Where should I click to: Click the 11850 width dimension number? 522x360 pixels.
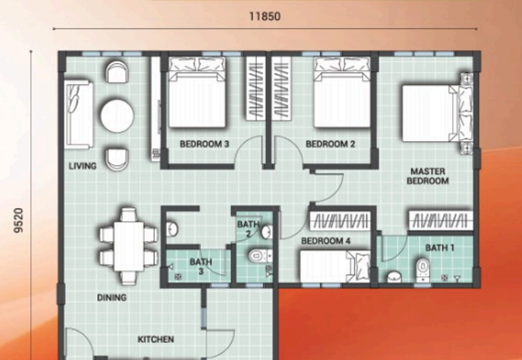tap(265, 16)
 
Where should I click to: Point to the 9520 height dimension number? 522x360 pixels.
tap(20, 220)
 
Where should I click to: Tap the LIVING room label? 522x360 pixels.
tap(83, 166)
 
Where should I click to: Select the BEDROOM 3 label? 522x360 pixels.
tap(204, 144)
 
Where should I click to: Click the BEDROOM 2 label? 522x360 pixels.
tap(330, 144)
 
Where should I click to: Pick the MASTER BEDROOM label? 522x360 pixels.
tap(428, 176)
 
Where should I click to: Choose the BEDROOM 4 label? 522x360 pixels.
tap(326, 241)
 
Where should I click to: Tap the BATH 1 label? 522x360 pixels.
tap(440, 248)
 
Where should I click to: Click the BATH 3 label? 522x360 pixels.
tap(201, 267)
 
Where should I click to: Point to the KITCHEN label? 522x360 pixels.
tap(156, 339)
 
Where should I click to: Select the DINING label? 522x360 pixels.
tap(112, 297)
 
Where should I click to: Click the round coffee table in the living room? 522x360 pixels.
tap(117, 115)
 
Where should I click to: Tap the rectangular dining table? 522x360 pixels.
tap(129, 247)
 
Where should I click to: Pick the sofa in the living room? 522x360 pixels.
tap(79, 114)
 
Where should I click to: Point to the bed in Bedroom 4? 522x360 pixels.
tap(335, 267)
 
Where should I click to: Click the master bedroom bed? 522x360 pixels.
tap(437, 113)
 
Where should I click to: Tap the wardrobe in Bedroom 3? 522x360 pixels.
tap(256, 89)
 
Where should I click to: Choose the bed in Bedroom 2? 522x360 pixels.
tap(342, 93)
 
